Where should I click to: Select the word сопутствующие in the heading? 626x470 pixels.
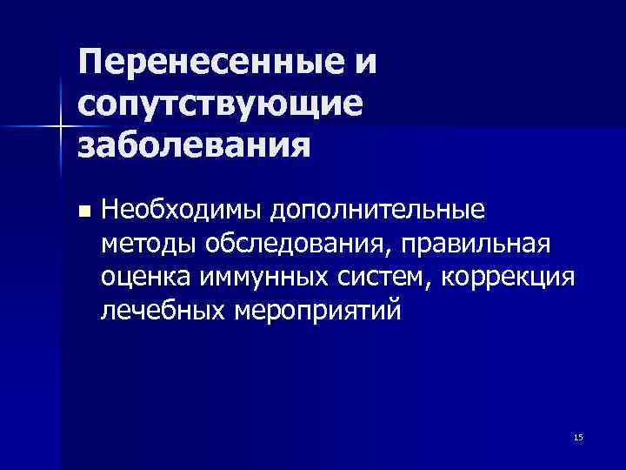coord(218,104)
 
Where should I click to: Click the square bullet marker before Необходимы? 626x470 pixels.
coord(83,211)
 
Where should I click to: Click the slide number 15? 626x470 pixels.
coord(578,435)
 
